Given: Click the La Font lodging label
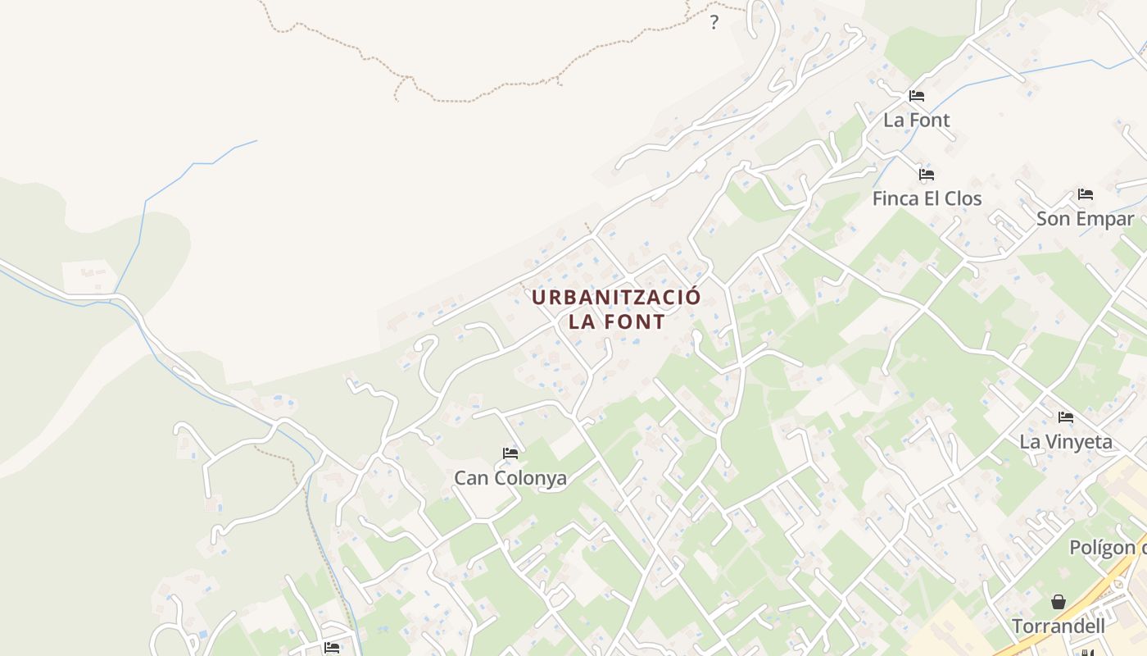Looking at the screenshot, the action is coord(916,120).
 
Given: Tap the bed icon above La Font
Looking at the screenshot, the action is coord(917,96).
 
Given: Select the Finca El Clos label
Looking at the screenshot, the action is coord(927,198).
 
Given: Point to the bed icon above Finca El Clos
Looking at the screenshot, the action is coord(927,175).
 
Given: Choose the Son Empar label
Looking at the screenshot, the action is coord(1085,219).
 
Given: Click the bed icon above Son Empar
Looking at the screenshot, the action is coord(1086,194).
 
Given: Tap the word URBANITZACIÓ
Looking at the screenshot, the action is coord(616,297).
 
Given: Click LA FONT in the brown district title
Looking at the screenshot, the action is coord(617,321).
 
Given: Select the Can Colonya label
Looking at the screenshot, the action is coord(510,477).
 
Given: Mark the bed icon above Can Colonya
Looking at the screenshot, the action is coord(510,453).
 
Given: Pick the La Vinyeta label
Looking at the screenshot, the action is coord(1066,442).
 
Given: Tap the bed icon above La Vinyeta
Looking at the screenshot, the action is coord(1066,417).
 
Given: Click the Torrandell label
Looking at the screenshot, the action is coord(1059,626).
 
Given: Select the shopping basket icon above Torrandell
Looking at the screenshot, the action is coord(1059,602).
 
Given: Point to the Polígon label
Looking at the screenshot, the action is coord(1107,547).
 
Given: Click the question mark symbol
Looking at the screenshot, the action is coord(714,22).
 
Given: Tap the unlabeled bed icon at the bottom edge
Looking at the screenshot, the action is coord(331,648).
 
